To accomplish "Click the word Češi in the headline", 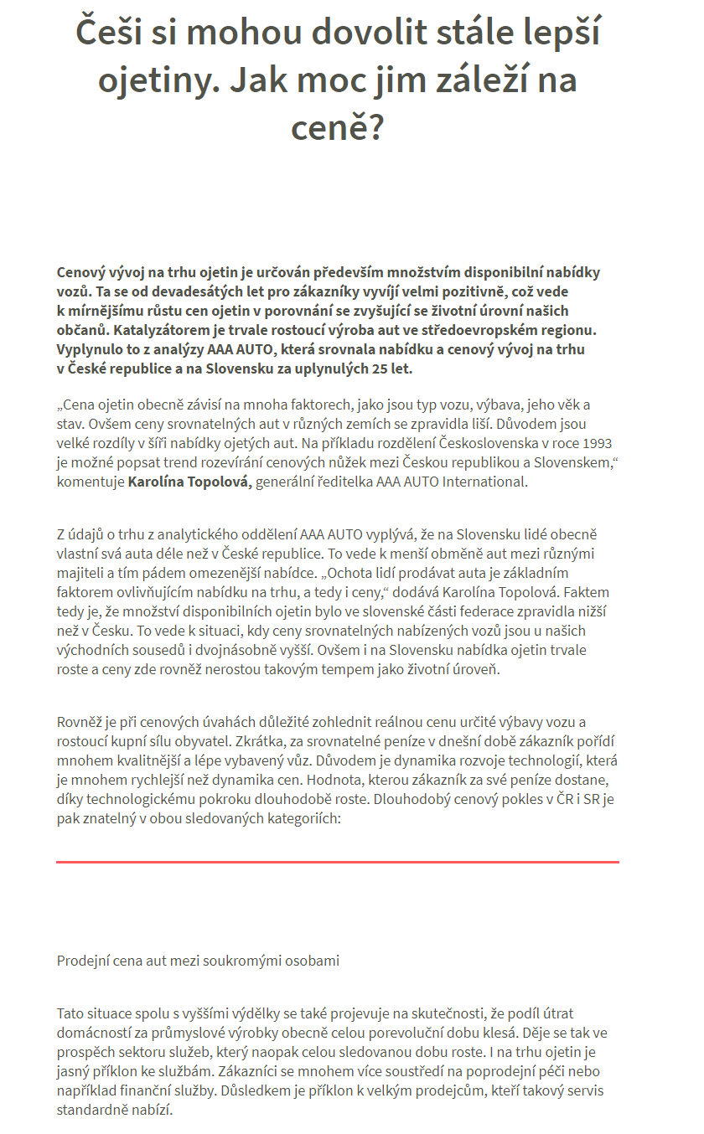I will coord(114,34).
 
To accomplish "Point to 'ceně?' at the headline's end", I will coord(337,128).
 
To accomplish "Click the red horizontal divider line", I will coord(337,862).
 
